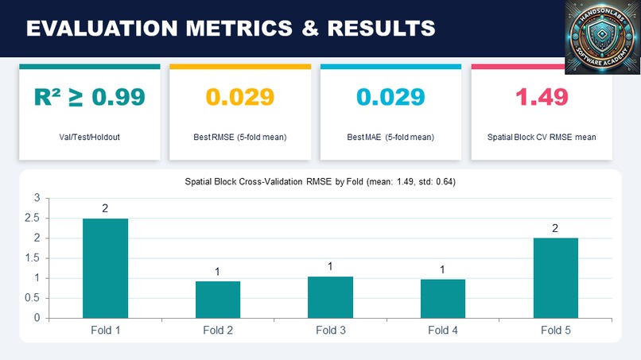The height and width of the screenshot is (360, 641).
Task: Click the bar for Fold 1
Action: pyautogui.click(x=105, y=268)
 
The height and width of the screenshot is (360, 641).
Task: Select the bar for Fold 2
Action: pyautogui.click(x=218, y=300)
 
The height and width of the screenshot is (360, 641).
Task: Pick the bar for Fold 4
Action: pyautogui.click(x=442, y=299)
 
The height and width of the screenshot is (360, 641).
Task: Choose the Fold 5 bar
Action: pyautogui.click(x=555, y=277)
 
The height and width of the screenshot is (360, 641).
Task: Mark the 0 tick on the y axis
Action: pyautogui.click(x=37, y=318)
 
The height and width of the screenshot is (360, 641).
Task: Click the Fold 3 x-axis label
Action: pyautogui.click(x=330, y=329)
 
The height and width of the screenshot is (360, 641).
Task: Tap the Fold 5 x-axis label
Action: pyautogui.click(x=555, y=329)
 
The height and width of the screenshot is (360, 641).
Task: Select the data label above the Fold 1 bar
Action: pyautogui.click(x=105, y=208)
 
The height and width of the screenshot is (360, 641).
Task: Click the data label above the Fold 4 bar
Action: pyautogui.click(x=442, y=269)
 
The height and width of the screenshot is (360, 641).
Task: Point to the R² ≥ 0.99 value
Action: pyautogui.click(x=89, y=97)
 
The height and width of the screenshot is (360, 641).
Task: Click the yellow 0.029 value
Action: pyautogui.click(x=240, y=97)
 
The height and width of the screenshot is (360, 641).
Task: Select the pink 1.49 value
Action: pyautogui.click(x=542, y=97)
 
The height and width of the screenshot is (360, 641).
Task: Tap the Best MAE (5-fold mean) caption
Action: pyautogui.click(x=390, y=137)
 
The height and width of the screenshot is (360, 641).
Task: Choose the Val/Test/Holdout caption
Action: pyautogui.click(x=89, y=137)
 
